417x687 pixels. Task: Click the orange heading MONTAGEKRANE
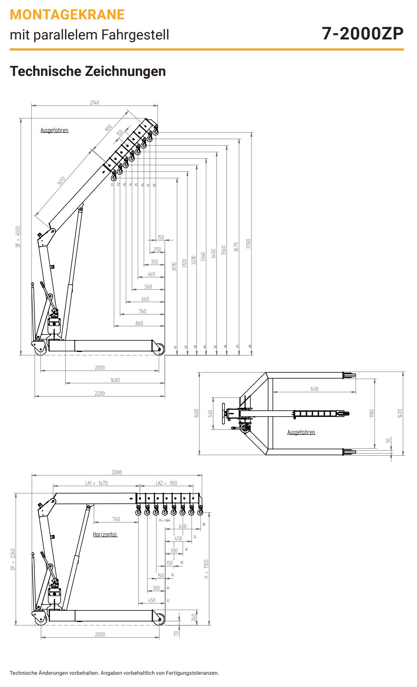[x=67, y=15]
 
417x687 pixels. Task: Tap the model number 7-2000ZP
[x=362, y=33]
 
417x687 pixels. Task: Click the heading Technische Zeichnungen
[x=88, y=71]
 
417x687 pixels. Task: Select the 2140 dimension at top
[x=94, y=103]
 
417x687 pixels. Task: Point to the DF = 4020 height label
[x=18, y=237]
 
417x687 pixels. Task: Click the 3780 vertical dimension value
[x=248, y=244]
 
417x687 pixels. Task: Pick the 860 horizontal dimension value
[x=139, y=323]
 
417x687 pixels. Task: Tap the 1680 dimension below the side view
[x=115, y=380]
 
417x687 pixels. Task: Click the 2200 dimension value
[x=100, y=393]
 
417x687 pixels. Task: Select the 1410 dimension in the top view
[x=314, y=389]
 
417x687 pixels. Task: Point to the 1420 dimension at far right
[x=400, y=413]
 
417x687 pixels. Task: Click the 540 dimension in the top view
[x=210, y=413]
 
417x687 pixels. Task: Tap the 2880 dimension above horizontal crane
[x=117, y=472]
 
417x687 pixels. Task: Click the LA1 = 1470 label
[x=96, y=483]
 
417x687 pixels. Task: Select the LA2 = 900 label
[x=166, y=483]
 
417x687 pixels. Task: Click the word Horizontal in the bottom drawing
[x=105, y=534]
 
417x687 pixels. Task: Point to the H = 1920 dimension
[x=206, y=569]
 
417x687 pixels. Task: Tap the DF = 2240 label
[x=13, y=559]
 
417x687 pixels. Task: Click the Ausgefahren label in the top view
[x=301, y=432]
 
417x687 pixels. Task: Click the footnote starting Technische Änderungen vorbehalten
[x=114, y=673]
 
